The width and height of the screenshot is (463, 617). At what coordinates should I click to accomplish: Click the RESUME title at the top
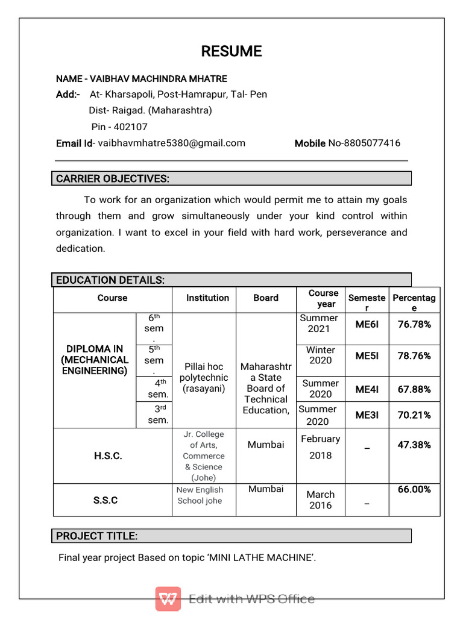click(x=231, y=51)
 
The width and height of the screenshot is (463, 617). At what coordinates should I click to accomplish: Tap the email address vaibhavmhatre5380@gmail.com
click(x=171, y=143)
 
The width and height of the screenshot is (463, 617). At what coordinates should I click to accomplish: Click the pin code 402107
click(x=130, y=127)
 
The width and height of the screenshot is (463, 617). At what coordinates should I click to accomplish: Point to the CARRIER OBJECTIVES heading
click(x=113, y=178)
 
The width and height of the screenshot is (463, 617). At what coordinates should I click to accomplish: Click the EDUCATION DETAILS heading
click(x=110, y=280)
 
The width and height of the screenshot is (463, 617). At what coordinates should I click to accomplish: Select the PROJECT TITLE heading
click(x=97, y=536)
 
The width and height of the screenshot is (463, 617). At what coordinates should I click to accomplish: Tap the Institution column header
click(x=207, y=298)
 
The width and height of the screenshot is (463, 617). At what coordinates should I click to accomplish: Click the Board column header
click(x=266, y=298)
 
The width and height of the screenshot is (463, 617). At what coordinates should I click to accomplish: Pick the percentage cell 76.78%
click(x=414, y=324)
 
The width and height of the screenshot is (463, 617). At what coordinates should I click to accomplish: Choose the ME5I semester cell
click(x=367, y=355)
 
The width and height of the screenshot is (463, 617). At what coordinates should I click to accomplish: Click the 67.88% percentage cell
click(x=414, y=389)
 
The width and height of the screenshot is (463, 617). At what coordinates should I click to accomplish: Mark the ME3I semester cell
click(x=367, y=415)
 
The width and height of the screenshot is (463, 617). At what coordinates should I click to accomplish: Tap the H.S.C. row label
click(x=108, y=456)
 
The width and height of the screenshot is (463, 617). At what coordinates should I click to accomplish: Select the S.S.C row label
click(x=106, y=500)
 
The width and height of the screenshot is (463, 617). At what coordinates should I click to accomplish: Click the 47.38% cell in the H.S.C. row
click(x=414, y=445)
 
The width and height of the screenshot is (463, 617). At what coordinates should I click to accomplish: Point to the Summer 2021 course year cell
click(x=319, y=323)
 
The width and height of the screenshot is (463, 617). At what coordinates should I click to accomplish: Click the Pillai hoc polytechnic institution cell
click(x=204, y=377)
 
